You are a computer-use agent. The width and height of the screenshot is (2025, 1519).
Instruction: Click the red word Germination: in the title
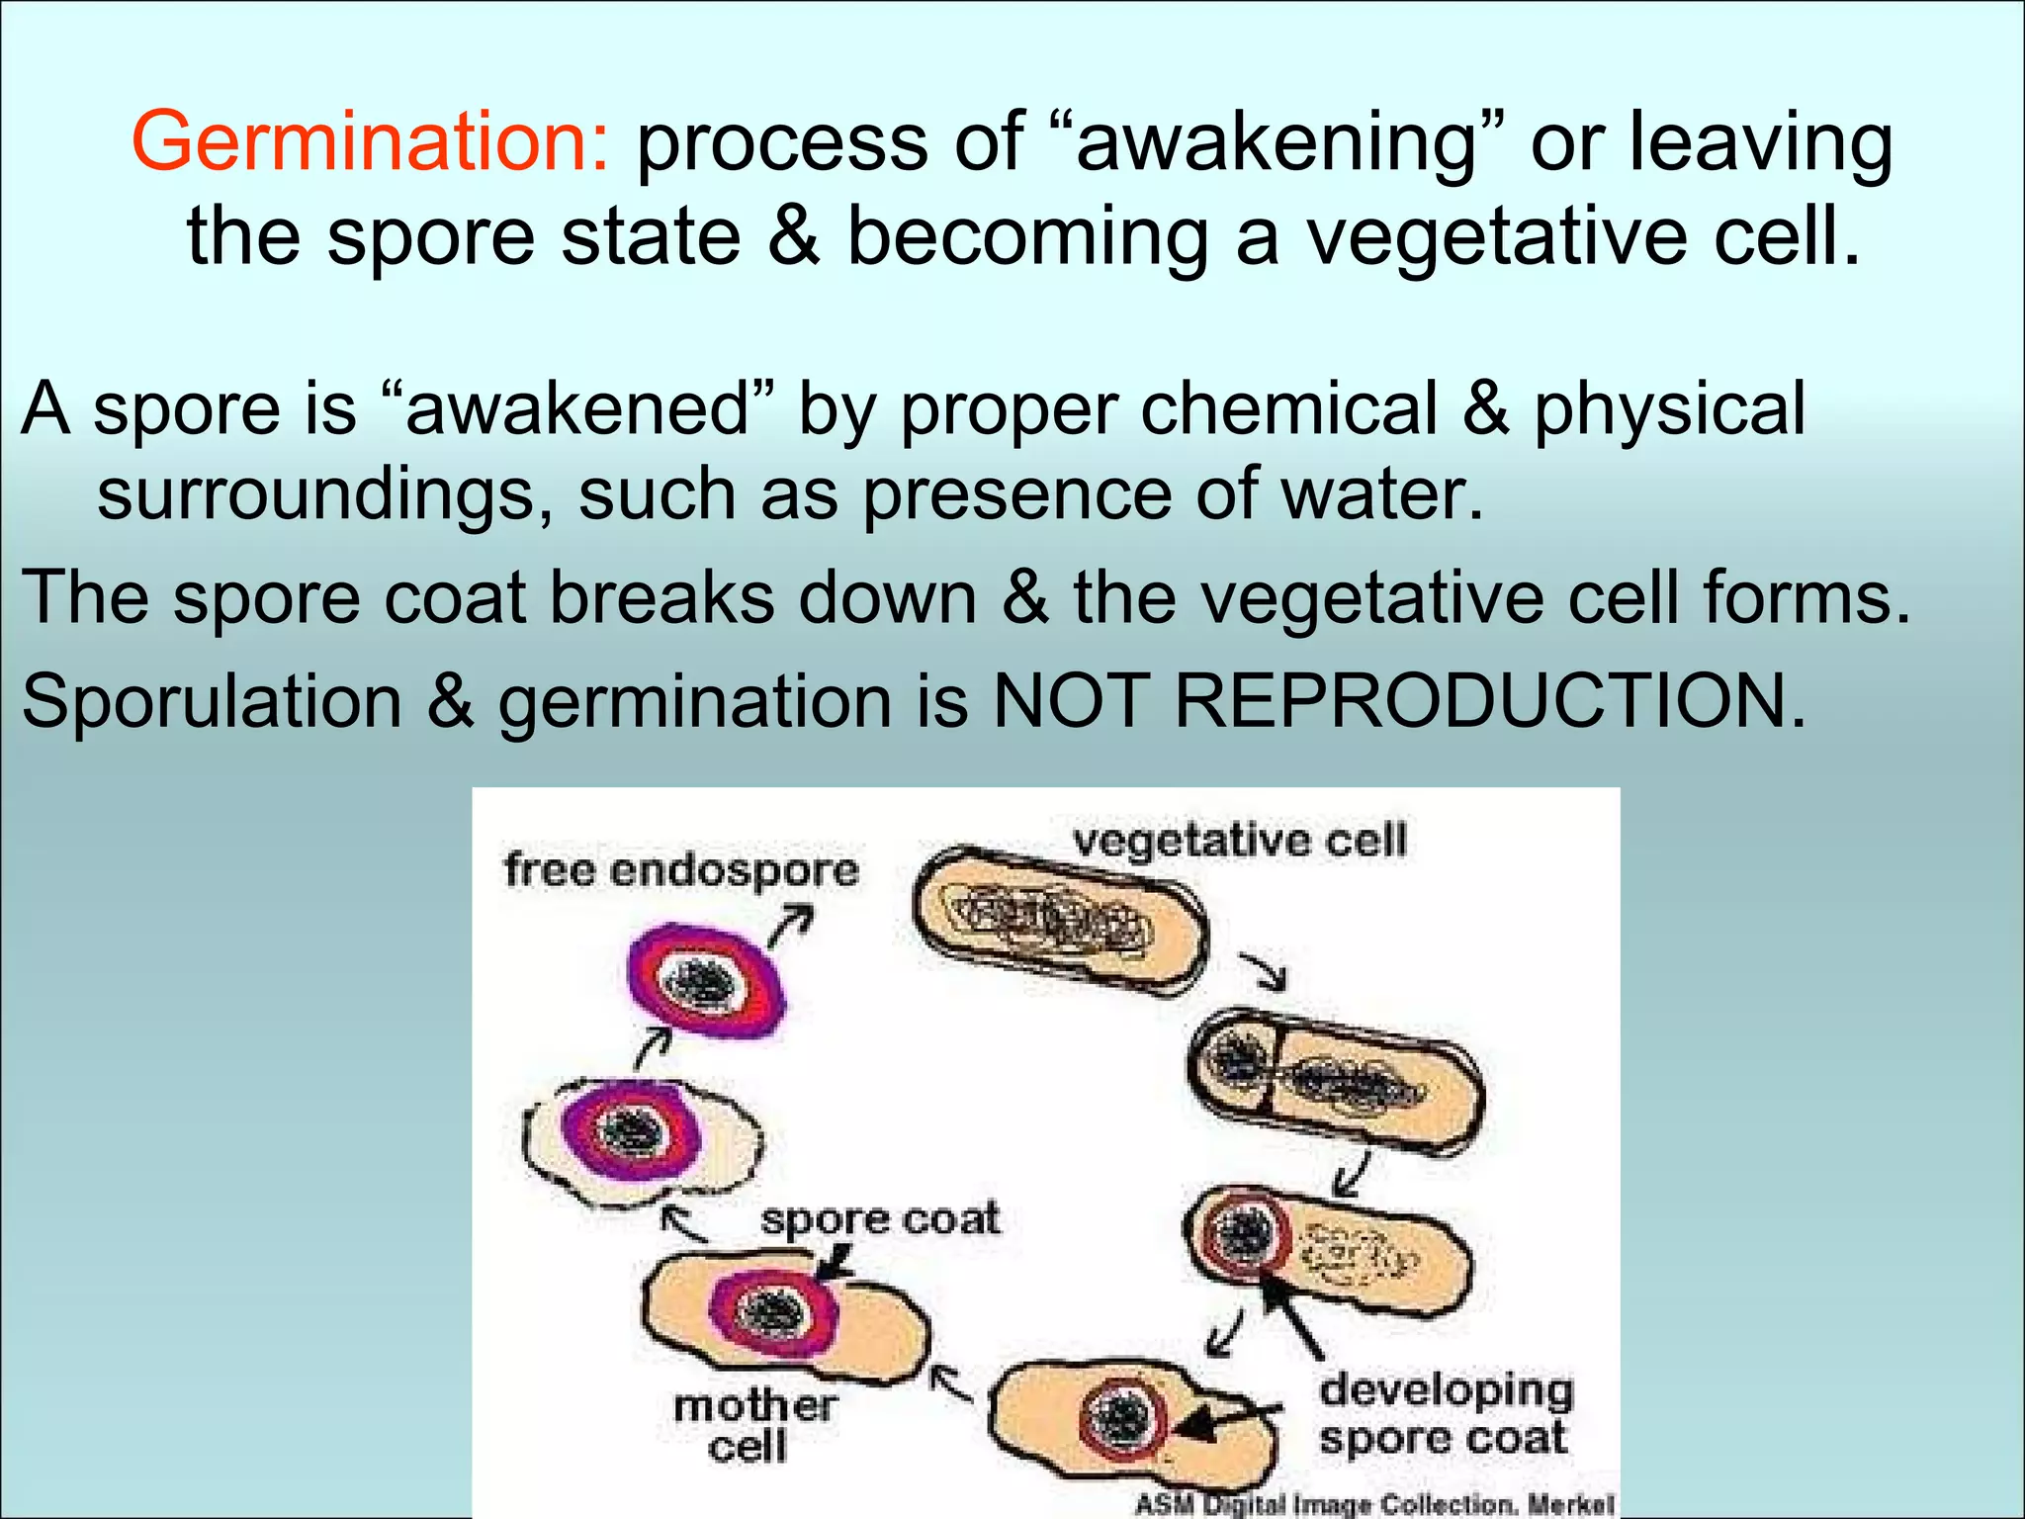(371, 141)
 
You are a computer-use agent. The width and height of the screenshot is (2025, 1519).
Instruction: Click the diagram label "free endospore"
(681, 870)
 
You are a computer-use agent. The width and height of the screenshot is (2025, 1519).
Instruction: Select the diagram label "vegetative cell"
(1240, 841)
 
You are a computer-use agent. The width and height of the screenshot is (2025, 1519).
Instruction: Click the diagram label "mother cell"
(753, 1425)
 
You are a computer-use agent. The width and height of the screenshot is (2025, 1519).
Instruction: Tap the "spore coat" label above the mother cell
(879, 1218)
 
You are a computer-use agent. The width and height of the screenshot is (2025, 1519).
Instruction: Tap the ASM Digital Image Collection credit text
(1374, 1504)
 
